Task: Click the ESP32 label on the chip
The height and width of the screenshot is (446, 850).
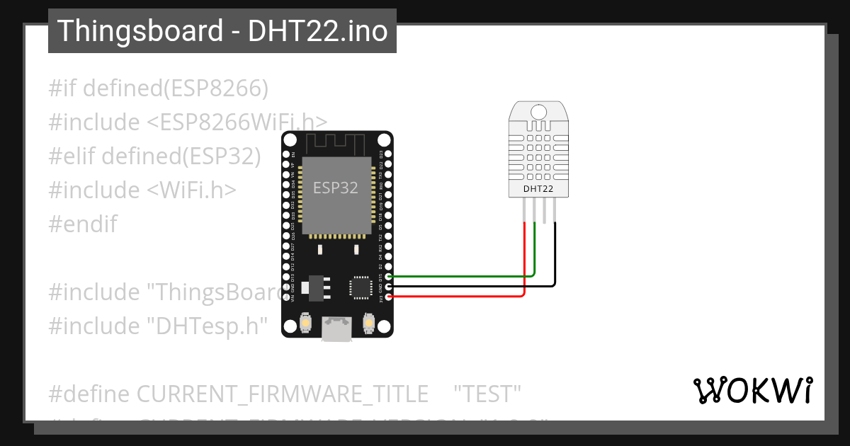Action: click(335, 188)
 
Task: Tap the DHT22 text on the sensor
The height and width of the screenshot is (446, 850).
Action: click(538, 189)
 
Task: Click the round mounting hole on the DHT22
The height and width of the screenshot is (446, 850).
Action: click(538, 111)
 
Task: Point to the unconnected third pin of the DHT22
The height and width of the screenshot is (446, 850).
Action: click(545, 210)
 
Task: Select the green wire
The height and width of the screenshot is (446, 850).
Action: click(460, 276)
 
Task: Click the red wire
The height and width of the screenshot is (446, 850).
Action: click(460, 296)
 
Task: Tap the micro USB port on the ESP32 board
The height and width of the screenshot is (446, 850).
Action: click(336, 328)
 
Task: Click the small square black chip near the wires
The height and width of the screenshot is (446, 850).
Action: click(359, 287)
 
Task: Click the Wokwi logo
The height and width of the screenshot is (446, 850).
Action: click(752, 390)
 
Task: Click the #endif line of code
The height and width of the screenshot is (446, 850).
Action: click(83, 224)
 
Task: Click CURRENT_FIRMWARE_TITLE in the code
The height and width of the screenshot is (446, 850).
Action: click(282, 393)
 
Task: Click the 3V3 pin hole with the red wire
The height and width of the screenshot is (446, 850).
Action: click(389, 297)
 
